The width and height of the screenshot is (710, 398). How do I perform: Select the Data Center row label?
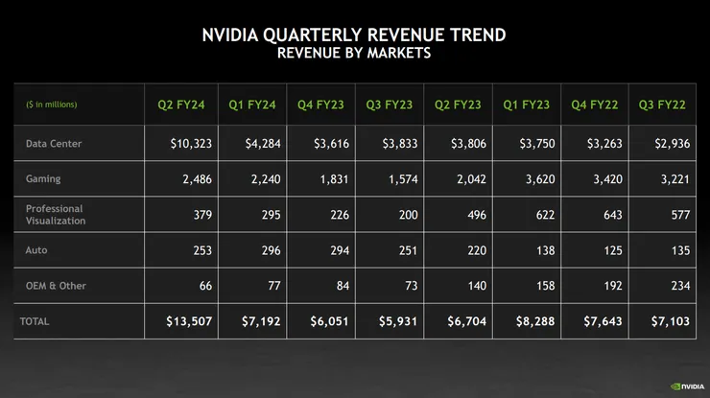[54, 144]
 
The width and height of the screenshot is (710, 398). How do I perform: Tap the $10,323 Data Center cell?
[191, 144]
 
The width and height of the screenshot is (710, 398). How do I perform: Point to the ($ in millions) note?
[51, 105]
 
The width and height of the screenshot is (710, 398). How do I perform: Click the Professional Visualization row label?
[56, 215]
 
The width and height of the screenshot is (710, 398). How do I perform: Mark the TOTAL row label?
[35, 321]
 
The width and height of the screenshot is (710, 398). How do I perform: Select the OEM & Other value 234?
[679, 286]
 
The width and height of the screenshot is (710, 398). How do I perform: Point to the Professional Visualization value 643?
[610, 215]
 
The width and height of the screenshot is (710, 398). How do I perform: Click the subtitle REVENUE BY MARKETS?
[354, 55]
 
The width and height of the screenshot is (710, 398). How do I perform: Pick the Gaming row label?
[45, 178]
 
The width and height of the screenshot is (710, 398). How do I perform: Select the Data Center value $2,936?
[670, 144]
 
